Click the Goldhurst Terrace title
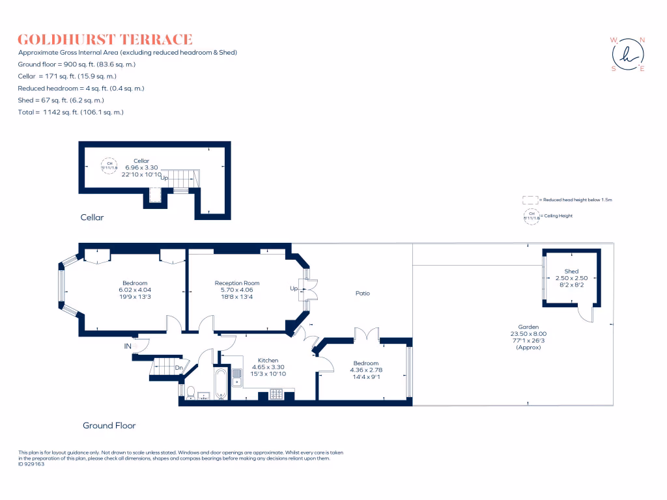click(x=105, y=40)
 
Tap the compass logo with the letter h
click(x=628, y=54)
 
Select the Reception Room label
click(x=237, y=283)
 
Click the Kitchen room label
click(x=268, y=360)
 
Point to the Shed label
click(x=571, y=271)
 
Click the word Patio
click(x=363, y=293)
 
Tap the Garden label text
click(x=528, y=327)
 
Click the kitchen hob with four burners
click(x=276, y=393)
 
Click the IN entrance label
click(x=128, y=346)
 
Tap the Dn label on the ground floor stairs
click(x=179, y=368)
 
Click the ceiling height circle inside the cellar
click(x=109, y=165)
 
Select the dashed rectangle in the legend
click(x=530, y=200)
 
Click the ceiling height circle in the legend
click(x=531, y=216)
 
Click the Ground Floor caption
click(x=109, y=426)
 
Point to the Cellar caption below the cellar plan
click(x=92, y=217)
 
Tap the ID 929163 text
click(x=32, y=464)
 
